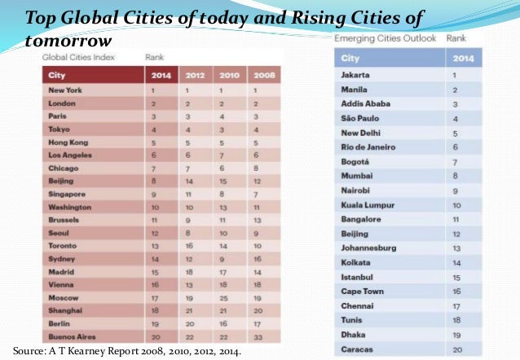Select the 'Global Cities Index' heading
(80, 57)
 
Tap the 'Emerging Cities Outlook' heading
(384, 38)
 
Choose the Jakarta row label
(356, 75)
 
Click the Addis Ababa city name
(365, 103)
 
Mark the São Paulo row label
(361, 118)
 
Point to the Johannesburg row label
(369, 248)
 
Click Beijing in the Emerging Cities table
(356, 233)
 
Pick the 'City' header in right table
(350, 59)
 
